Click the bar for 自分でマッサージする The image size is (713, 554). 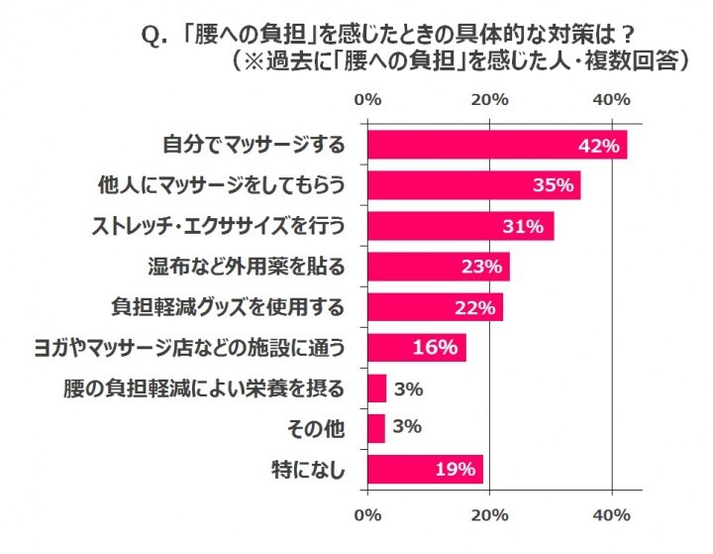[x=495, y=145]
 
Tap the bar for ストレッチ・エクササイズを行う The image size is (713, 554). [x=460, y=226]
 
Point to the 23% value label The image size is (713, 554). [x=482, y=267]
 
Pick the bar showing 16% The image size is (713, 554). [x=416, y=348]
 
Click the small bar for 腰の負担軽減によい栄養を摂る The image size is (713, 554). [x=377, y=388]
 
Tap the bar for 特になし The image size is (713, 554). [x=425, y=469]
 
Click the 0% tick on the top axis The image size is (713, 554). [x=367, y=99]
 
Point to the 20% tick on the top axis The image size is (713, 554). [x=489, y=99]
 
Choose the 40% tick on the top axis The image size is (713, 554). [x=611, y=99]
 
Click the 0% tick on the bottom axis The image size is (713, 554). [x=367, y=515]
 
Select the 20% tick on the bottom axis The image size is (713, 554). [x=489, y=515]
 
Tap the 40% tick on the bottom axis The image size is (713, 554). [x=611, y=515]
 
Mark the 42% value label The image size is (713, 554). [x=599, y=145]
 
